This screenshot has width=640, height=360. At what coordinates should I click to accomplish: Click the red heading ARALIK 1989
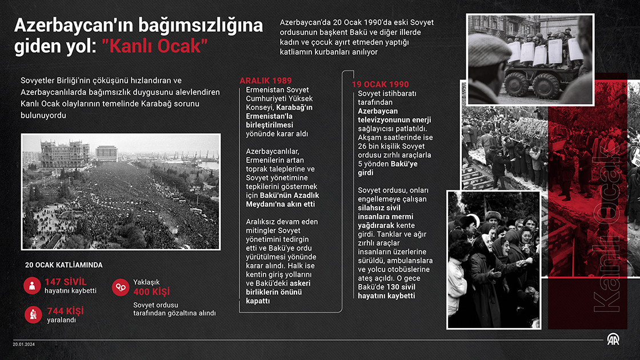[265, 81]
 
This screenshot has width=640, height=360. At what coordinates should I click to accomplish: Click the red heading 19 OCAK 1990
[380, 84]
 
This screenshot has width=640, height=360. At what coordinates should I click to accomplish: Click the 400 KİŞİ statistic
[151, 291]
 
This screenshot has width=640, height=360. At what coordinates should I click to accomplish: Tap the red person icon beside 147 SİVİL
[32, 285]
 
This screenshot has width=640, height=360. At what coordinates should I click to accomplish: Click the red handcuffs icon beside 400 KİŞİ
[120, 287]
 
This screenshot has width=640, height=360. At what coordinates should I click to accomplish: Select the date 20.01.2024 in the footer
[23, 344]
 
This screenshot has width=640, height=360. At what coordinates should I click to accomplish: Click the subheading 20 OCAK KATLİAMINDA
[63, 265]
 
